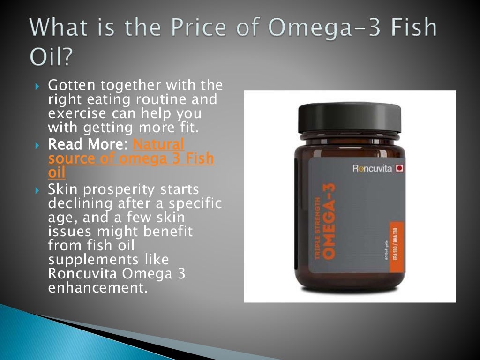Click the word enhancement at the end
[97, 287]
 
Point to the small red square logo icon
[400, 167]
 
